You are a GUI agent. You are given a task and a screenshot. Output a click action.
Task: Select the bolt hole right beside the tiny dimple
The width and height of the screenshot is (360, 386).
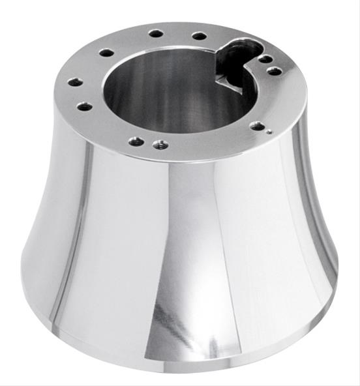coord(258,125)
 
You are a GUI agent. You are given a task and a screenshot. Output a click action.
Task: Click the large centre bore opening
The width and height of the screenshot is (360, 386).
coord(170,85)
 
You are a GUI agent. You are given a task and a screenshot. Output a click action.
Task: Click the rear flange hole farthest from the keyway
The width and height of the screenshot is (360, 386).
coord(155,33)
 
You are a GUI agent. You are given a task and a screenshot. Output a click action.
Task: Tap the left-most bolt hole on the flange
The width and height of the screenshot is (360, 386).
coord(76,82)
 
